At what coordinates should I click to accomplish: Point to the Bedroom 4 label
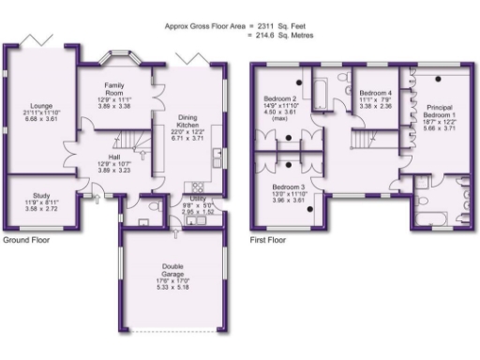tap(375, 94)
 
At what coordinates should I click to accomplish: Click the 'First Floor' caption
tap(268, 240)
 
